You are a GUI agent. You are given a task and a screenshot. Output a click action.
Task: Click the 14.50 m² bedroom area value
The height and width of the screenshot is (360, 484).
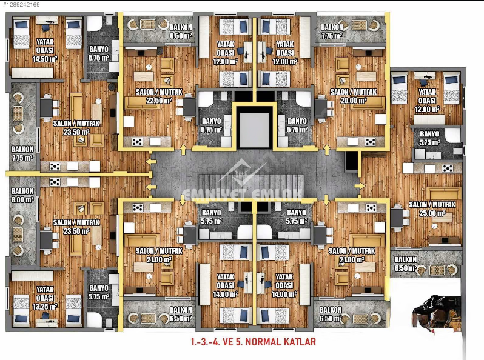(x=45, y=59)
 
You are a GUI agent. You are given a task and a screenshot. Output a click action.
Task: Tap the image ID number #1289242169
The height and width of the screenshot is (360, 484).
(x=21, y=4)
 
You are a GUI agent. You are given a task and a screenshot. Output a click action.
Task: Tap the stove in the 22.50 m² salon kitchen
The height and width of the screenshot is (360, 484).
(x=138, y=142)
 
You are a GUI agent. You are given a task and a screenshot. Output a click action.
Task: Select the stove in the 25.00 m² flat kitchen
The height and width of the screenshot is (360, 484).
(x=448, y=168)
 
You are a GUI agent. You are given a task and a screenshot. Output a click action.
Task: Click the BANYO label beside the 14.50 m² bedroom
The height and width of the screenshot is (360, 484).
(x=98, y=49)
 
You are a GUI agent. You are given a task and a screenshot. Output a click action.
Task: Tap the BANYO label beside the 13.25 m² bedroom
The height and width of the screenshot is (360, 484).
(x=98, y=288)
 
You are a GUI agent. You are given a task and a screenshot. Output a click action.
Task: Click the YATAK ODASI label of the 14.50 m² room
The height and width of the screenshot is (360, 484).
(x=45, y=46)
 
